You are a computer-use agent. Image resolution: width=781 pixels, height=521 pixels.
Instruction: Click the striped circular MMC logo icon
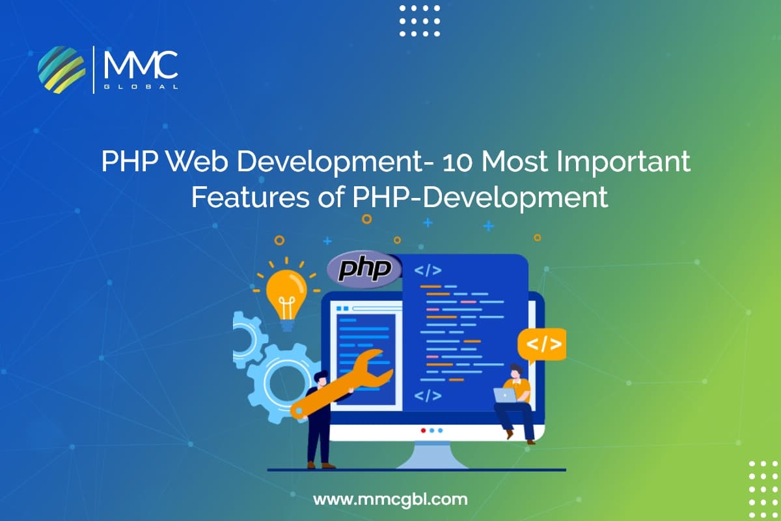pos(62,68)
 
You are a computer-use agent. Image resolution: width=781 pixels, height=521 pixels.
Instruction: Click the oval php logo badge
pos(364,270)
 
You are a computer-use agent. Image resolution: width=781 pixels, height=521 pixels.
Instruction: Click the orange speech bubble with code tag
pos(541,345)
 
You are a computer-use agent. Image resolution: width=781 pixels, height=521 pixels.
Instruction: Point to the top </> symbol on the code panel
pos(428,270)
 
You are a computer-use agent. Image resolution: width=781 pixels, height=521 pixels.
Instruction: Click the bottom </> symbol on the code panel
pos(428,395)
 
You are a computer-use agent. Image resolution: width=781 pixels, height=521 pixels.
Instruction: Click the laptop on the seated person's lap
pos(504,395)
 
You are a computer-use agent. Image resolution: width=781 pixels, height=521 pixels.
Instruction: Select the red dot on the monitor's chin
pos(423,430)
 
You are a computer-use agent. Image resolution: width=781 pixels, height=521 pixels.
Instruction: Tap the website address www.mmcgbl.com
pos(390,500)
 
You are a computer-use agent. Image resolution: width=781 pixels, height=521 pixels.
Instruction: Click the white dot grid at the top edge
pos(419,20)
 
